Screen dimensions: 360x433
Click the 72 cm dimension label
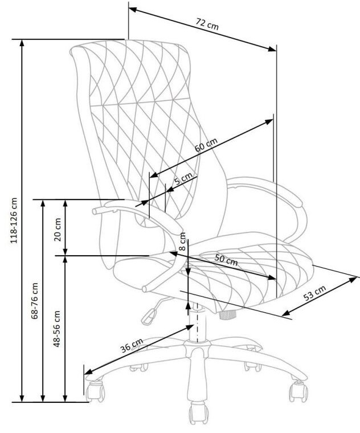pyautogui.click(x=207, y=24)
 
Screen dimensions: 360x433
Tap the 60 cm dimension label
pyautogui.click(x=206, y=145)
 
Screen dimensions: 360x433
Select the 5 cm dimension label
pyautogui.click(x=183, y=179)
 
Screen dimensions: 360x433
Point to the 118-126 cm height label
pyautogui.click(x=14, y=220)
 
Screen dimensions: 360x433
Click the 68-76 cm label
pyautogui.click(x=35, y=301)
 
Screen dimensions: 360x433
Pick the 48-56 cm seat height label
pyautogui.click(x=56, y=329)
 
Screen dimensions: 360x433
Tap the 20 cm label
pyautogui.click(x=58, y=230)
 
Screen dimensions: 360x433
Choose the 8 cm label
pyautogui.click(x=182, y=242)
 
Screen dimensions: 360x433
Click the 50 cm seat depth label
pyautogui.click(x=226, y=259)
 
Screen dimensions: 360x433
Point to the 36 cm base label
pyautogui.click(x=132, y=345)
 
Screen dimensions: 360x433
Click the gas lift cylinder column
pyautogui.click(x=198, y=323)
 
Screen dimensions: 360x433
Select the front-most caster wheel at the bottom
pyautogui.click(x=198, y=413)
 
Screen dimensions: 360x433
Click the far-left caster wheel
pyautogui.click(x=95, y=391)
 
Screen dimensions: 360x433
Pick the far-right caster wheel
pyautogui.click(x=298, y=391)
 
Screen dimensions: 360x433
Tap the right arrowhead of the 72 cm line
pyautogui.click(x=272, y=49)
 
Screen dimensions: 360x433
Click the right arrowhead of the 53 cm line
pyautogui.click(x=354, y=280)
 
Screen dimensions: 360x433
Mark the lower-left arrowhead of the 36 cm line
pyautogui.click(x=88, y=371)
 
